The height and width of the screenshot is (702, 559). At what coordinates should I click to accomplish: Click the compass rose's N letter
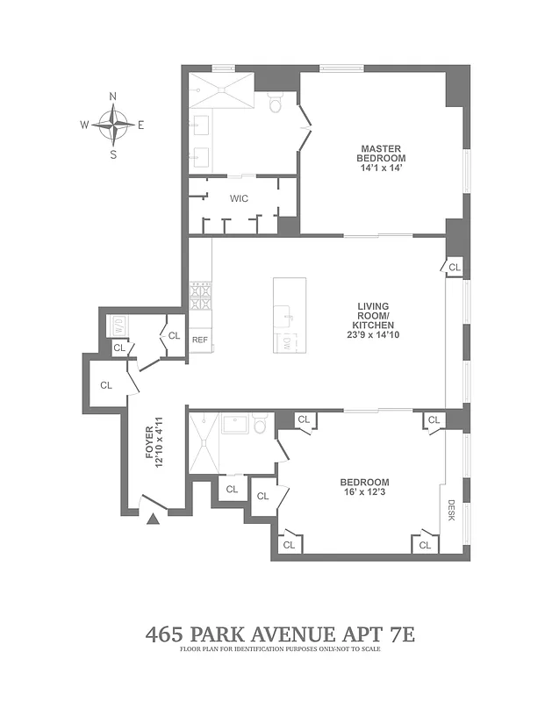[x=112, y=97]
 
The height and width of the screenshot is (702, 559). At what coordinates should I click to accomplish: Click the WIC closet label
[x=239, y=198]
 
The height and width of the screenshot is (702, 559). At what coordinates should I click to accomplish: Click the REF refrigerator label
[x=200, y=340]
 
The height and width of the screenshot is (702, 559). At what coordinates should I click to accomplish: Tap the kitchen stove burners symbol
[x=200, y=297]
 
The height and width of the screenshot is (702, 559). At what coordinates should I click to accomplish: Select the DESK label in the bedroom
[x=452, y=510]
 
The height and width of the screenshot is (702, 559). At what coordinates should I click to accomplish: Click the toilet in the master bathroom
[x=274, y=105]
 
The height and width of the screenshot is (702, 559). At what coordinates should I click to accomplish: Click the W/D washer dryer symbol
[x=118, y=326]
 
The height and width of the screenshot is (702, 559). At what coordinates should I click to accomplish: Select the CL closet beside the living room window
[x=454, y=267]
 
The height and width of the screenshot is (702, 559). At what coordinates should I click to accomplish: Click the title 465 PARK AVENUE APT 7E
[x=279, y=634]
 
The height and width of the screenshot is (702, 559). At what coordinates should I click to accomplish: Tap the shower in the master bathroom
[x=221, y=89]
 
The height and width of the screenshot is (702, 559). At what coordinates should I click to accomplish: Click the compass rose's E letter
[x=140, y=125]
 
